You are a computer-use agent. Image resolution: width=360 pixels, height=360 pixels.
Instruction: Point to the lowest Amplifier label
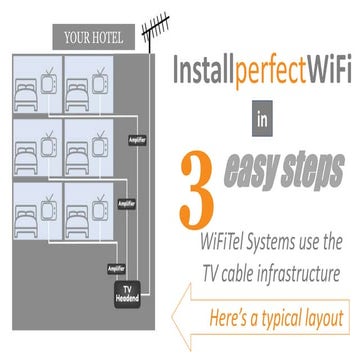(x=113, y=268)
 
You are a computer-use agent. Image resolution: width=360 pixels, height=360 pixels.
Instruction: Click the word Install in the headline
(x=204, y=73)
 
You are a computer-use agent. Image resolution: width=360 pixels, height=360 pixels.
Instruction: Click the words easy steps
(x=281, y=173)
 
